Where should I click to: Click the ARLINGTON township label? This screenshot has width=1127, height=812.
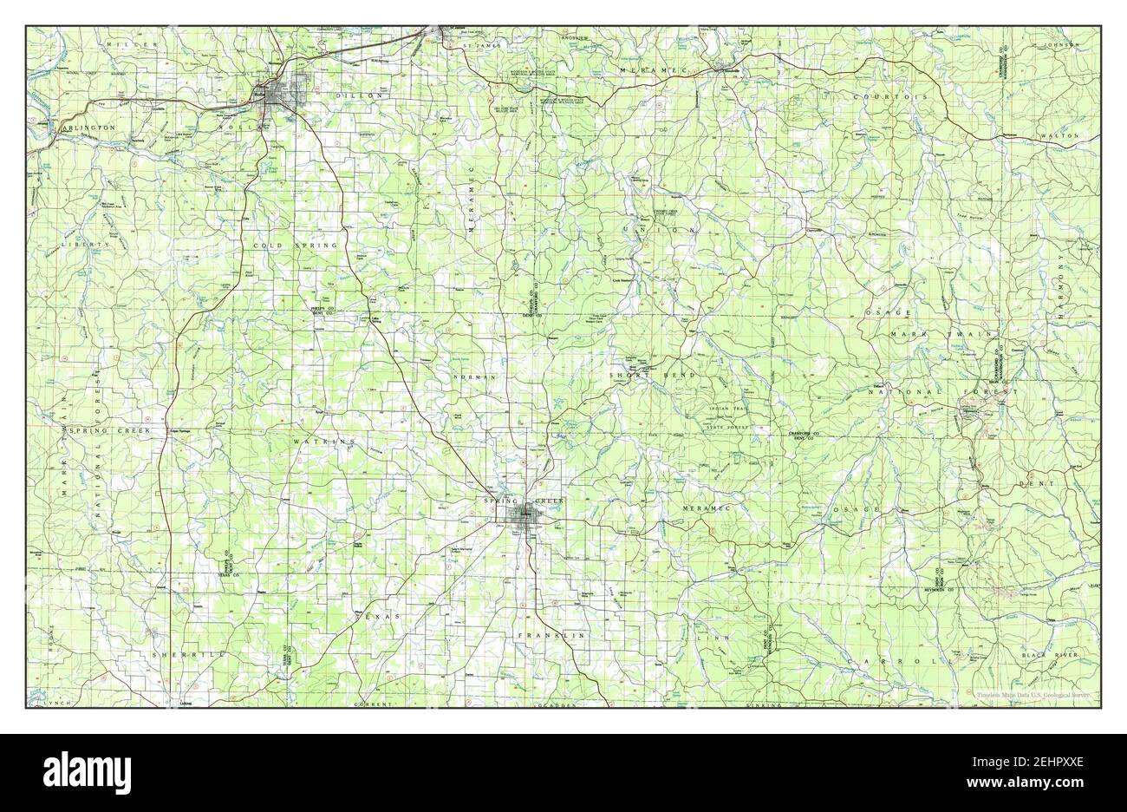88,128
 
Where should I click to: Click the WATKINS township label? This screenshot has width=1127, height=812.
324,442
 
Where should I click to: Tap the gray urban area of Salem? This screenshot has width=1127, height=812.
524,517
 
